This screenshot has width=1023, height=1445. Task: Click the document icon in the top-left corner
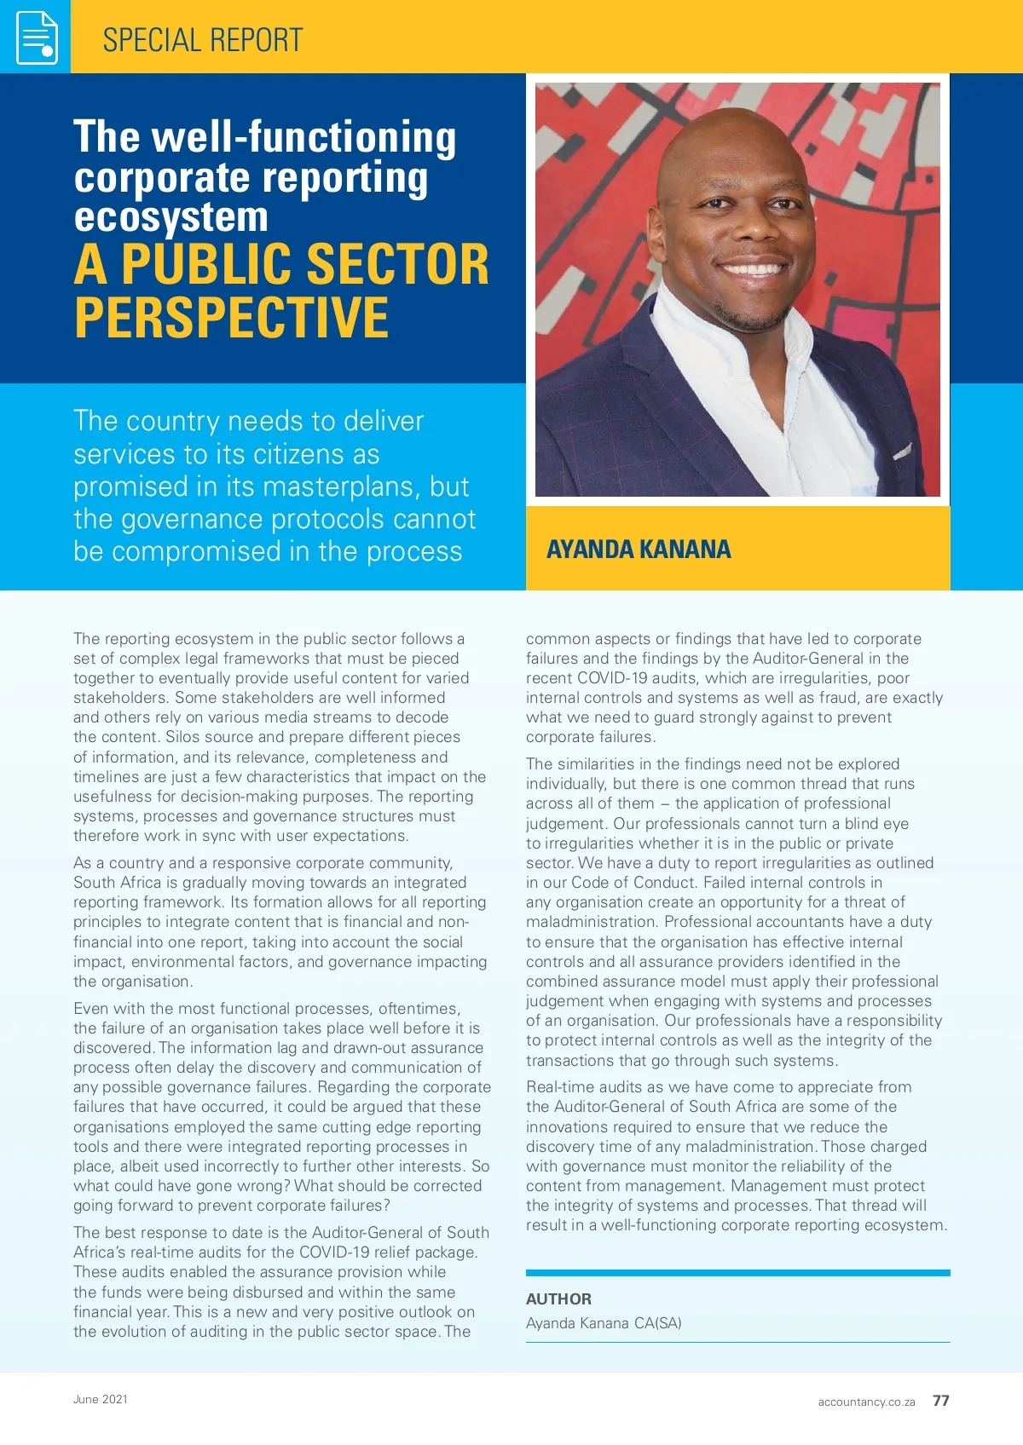tap(36, 37)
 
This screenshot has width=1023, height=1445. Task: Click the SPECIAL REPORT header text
tap(202, 40)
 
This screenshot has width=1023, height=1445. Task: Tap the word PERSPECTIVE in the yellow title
tap(231, 317)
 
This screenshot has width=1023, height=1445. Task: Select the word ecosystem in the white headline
tap(170, 216)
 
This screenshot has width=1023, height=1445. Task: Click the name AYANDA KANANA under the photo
tap(639, 550)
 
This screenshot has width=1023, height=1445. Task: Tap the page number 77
tap(940, 1401)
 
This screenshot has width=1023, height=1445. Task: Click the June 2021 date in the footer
tap(100, 1399)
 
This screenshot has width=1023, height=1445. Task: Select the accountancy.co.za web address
tap(866, 1402)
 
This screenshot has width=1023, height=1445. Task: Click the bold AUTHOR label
tap(558, 1298)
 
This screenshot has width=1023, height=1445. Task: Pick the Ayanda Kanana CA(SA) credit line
tap(604, 1323)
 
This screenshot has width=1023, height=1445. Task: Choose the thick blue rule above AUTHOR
tap(737, 1273)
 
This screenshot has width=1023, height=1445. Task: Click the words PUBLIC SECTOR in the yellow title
tap(305, 264)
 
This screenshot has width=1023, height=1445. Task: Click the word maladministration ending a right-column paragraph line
tap(590, 923)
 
